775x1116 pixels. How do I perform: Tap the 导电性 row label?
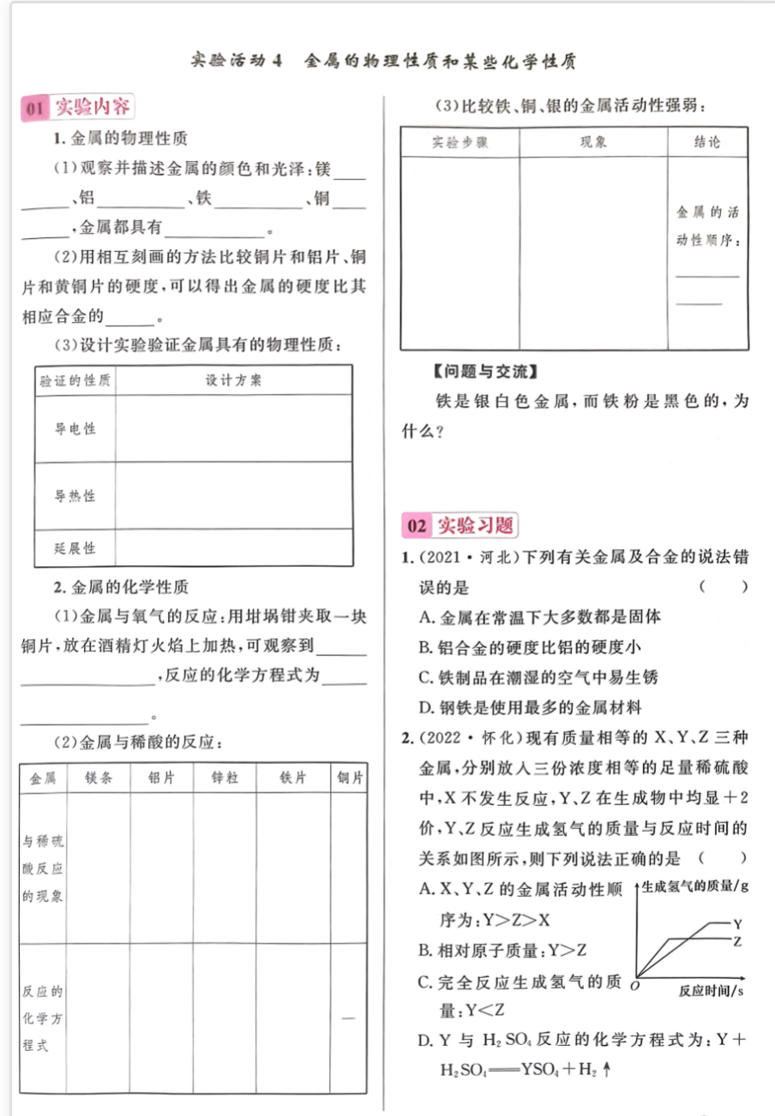[75, 428]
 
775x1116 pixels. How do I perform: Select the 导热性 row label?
[75, 496]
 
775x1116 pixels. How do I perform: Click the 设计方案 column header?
[233, 380]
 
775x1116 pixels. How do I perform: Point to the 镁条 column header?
[98, 779]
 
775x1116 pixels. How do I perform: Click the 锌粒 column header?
[225, 779]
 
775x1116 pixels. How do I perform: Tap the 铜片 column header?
[351, 779]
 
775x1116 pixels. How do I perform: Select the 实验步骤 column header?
[460, 143]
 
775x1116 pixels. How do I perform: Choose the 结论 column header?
[707, 143]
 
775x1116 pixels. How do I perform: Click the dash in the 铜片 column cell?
[348, 1018]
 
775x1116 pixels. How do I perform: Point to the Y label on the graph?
[736, 923]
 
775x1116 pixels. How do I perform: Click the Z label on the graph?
[736, 940]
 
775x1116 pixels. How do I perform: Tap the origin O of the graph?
[634, 986]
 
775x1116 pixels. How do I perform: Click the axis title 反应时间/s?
[711, 990]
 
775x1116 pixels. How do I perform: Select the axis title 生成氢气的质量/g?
[695, 886]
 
